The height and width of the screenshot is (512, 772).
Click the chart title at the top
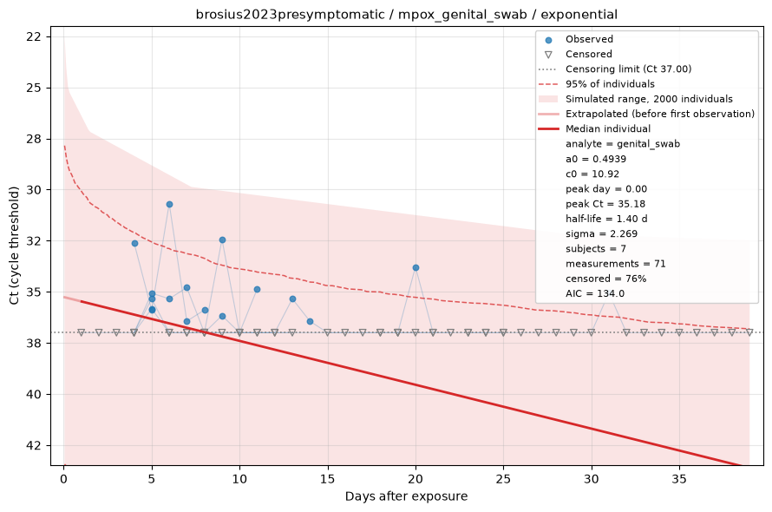point(406,14)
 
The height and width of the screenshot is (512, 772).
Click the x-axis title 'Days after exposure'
point(406,496)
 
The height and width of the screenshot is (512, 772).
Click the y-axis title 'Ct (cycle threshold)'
point(14,246)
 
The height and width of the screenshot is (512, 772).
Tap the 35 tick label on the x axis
point(679,479)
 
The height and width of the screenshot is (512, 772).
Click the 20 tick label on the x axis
point(415,479)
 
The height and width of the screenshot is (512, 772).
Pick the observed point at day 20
point(415,267)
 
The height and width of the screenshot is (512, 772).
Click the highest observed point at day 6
point(169,204)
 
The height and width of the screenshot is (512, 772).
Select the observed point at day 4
point(134,244)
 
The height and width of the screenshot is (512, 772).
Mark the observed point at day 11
point(257,289)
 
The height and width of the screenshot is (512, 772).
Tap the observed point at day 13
point(292,299)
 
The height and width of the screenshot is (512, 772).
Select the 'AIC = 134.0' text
point(595,293)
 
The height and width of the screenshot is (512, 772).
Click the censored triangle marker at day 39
point(749,332)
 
